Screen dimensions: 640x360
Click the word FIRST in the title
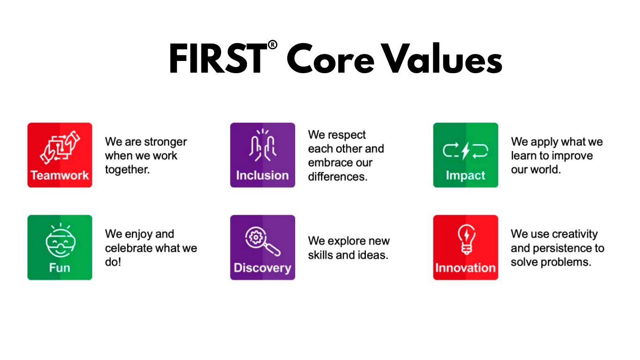(x=218, y=59)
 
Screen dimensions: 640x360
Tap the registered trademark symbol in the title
(x=273, y=45)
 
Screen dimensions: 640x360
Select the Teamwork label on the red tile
(x=60, y=175)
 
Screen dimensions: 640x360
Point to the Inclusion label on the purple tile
(x=262, y=175)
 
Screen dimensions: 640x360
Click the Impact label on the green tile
(x=465, y=175)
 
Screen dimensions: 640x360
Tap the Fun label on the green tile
(x=60, y=268)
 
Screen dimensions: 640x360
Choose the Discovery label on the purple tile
(x=262, y=268)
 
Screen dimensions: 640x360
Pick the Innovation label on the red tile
(x=465, y=268)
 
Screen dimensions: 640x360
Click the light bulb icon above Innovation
(x=467, y=240)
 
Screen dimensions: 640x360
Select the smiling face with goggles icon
(x=60, y=240)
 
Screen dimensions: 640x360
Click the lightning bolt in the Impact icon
(x=466, y=150)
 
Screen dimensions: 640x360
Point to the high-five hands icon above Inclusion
(x=262, y=145)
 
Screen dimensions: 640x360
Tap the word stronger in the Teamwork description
(x=165, y=142)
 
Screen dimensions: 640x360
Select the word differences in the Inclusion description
(x=338, y=177)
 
